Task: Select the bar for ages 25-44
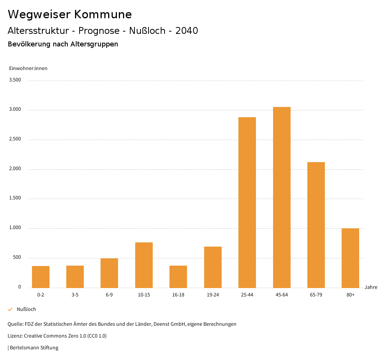coord(247,202)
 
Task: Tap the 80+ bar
coord(350,258)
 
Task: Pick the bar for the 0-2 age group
coord(41,277)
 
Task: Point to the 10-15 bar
coord(144,265)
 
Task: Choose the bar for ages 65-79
coord(316,225)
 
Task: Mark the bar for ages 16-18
coord(178,277)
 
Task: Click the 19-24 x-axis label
coord(213,295)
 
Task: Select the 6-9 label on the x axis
coord(109,295)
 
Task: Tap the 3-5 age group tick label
coord(75,295)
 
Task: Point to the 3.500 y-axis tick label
coord(15,80)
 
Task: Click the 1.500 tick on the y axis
coord(15,198)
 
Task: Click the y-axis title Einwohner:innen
coord(28,68)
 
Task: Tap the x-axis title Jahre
coord(371,287)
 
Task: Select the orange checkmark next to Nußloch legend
coord(10,309)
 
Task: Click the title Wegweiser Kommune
coord(70,14)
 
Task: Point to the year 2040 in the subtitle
coord(187,31)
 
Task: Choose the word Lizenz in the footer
coord(15,336)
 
